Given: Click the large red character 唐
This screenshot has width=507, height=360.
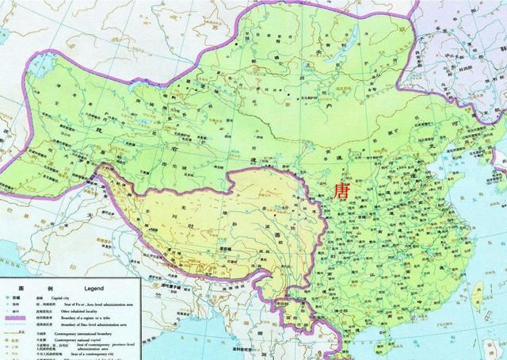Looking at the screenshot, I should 343,192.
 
